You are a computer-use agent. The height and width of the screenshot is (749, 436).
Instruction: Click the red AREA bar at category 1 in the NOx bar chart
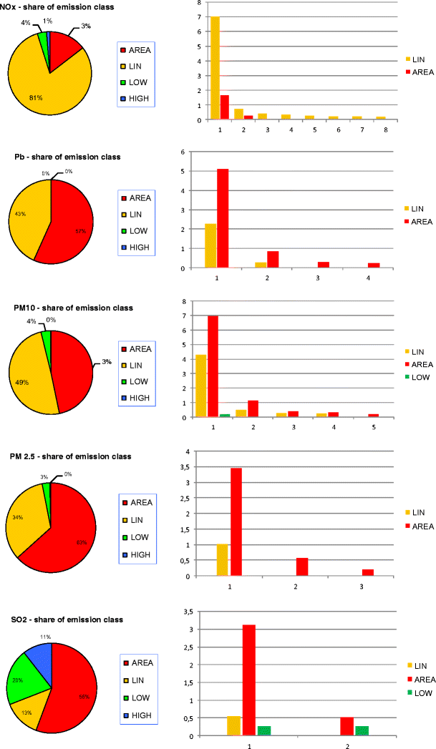point(224,107)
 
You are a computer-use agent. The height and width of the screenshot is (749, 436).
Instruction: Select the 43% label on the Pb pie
point(21,214)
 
